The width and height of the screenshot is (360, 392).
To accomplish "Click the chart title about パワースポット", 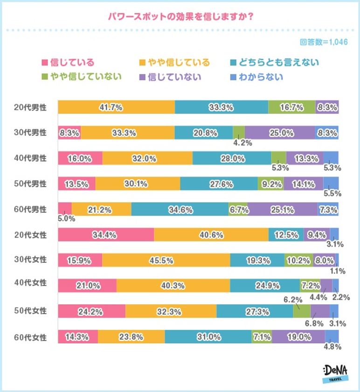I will point(180,15).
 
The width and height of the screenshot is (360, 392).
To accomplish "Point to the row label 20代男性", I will point(30,107).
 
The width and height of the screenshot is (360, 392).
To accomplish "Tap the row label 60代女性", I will point(30,336).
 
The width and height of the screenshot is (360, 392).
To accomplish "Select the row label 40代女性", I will point(30,285).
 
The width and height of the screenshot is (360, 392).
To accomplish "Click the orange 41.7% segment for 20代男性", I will point(116,107).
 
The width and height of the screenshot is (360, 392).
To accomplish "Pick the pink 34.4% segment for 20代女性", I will point(106,235).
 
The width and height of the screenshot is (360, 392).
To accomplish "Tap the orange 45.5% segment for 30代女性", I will point(166,260).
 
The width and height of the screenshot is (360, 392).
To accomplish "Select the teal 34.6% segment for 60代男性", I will point(180,210).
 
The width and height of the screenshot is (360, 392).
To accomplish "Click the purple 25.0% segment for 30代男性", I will point(280,133).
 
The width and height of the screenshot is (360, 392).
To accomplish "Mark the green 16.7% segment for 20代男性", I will point(292,107).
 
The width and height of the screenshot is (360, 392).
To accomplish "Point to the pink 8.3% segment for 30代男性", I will point(69,133).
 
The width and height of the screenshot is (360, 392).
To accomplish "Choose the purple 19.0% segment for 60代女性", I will point(298,336).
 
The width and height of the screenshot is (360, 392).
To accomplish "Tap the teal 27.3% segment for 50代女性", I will point(255,311).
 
